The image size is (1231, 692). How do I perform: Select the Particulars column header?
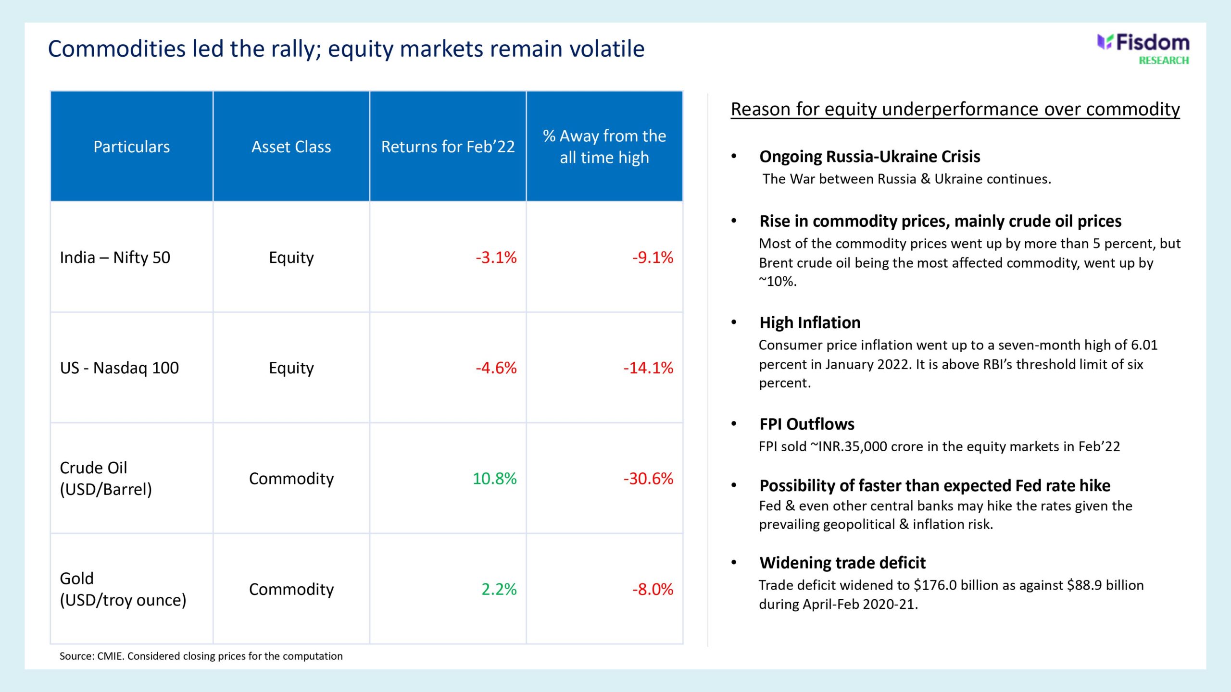131,147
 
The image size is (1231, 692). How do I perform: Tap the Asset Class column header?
291,147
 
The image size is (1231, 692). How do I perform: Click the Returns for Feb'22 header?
448,147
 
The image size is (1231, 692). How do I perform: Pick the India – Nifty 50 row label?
115,258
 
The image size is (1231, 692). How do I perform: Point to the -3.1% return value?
496,258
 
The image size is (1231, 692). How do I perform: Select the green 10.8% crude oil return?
494,479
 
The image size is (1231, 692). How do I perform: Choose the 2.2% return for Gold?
499,589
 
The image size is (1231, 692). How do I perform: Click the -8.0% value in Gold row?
652,589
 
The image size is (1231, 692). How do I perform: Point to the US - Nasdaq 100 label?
119,368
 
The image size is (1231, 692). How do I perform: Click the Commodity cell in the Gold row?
291,589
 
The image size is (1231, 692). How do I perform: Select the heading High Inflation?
810,322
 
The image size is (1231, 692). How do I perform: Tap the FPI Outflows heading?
807,424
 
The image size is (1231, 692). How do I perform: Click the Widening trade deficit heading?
842,563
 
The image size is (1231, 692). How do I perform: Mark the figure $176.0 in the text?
936,585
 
